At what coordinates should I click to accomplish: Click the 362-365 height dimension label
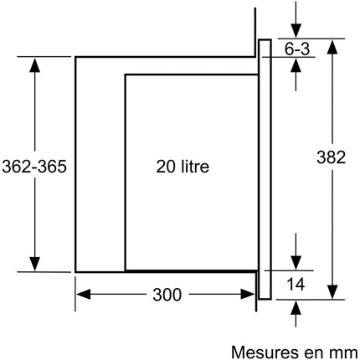pyautogui.click(x=34, y=167)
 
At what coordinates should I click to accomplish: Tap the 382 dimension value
pyautogui.click(x=332, y=157)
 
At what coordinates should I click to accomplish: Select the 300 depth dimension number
pyautogui.click(x=167, y=295)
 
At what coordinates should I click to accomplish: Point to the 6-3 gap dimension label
pyautogui.click(x=297, y=49)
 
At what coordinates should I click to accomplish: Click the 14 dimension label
pyautogui.click(x=296, y=285)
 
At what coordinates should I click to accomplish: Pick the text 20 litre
pyautogui.click(x=183, y=167)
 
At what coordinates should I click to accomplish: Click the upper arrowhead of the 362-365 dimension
pyautogui.click(x=34, y=65)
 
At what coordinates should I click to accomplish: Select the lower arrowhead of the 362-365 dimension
pyautogui.click(x=34, y=264)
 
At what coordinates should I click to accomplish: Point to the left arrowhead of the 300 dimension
pyautogui.click(x=84, y=295)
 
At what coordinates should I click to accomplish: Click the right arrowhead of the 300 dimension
pyautogui.click(x=248, y=295)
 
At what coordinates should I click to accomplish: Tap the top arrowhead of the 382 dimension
pyautogui.click(x=332, y=47)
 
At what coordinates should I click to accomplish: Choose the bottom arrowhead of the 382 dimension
pyautogui.click(x=332, y=292)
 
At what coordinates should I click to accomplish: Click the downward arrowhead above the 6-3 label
pyautogui.click(x=296, y=30)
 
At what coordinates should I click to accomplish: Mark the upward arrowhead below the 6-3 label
pyautogui.click(x=296, y=65)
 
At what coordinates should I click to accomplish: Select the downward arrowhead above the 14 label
pyautogui.click(x=296, y=263)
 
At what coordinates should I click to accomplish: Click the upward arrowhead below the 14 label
pyautogui.click(x=296, y=308)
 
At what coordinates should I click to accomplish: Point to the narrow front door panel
pyautogui.click(x=265, y=169)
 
